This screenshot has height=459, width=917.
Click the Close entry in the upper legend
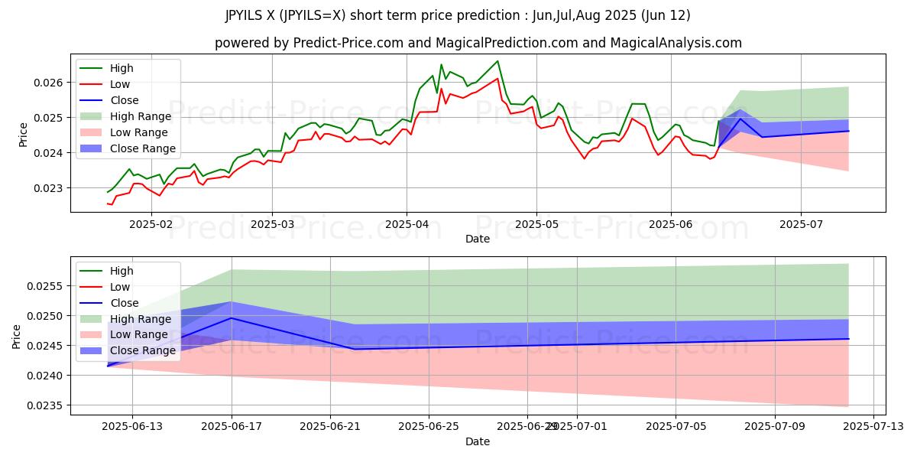tap(125, 100)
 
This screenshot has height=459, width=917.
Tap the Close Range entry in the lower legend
tap(143, 350)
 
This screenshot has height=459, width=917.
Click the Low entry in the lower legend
tap(120, 287)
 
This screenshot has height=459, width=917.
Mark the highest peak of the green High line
tap(497, 61)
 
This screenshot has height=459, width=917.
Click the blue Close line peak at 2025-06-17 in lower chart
tap(231, 317)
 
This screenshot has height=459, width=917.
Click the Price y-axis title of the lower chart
tap(17, 335)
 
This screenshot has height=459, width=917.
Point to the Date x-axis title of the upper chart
tap(478, 239)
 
